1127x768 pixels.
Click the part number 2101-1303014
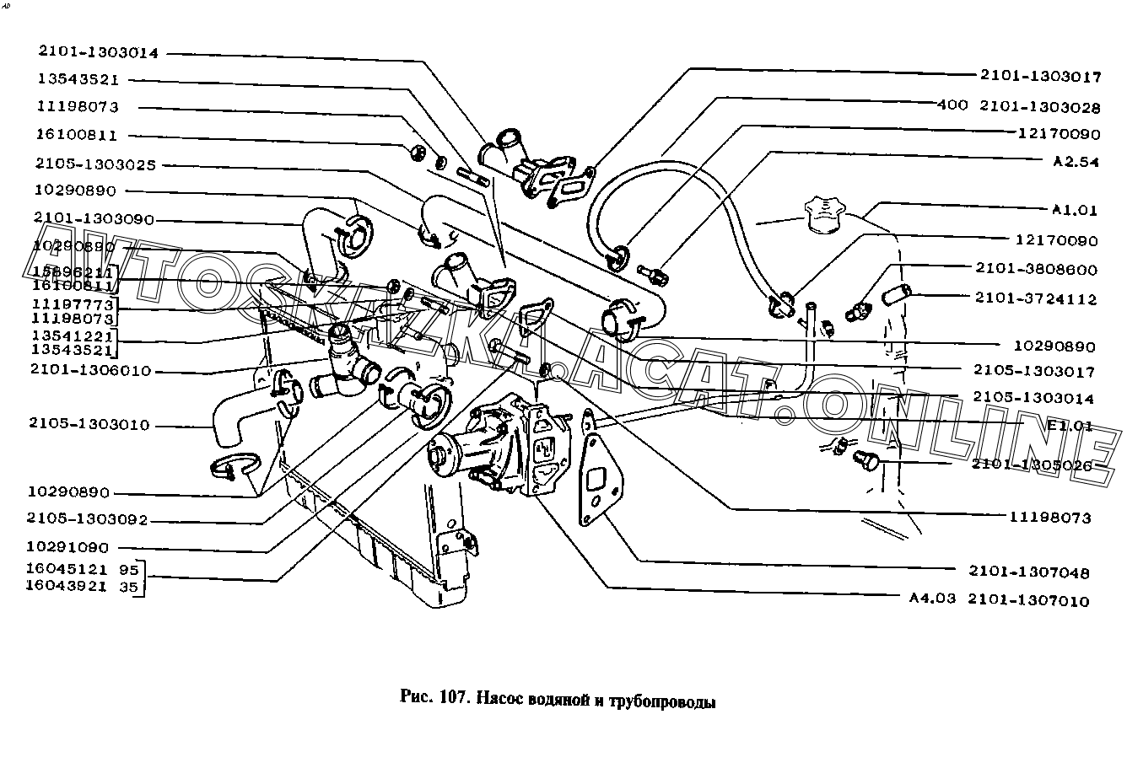[98, 51]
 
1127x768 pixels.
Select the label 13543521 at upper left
[78, 79]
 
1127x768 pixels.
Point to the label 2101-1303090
[94, 219]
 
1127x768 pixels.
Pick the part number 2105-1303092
[87, 520]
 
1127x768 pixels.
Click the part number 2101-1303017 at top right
[1040, 77]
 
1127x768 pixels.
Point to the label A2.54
[1075, 162]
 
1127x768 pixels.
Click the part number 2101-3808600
[1037, 270]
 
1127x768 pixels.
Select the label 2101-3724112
[1037, 298]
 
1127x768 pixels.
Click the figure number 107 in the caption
[450, 699]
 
